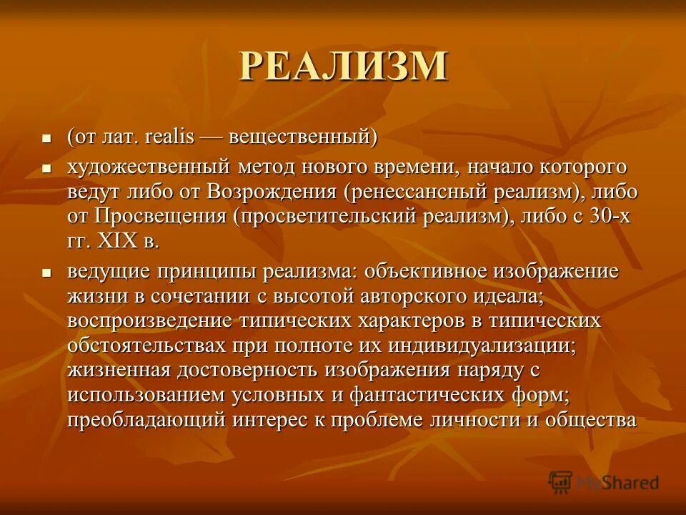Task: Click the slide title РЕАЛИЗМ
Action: (343, 66)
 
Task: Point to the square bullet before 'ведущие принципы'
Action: (46, 273)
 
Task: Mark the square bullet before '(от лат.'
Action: (46, 137)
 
